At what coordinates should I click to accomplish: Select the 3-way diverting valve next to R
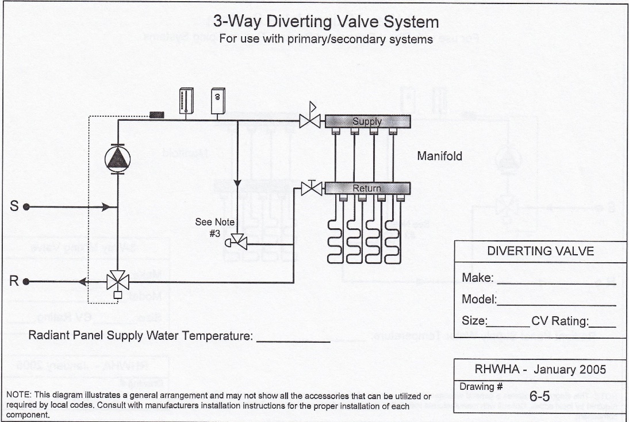[117, 282]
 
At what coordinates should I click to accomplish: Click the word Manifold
[439, 156]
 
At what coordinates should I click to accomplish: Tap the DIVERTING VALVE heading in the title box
[540, 251]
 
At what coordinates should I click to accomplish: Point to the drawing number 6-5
[540, 396]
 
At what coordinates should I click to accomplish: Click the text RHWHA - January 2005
[540, 370]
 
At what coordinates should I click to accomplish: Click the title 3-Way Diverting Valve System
[325, 22]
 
